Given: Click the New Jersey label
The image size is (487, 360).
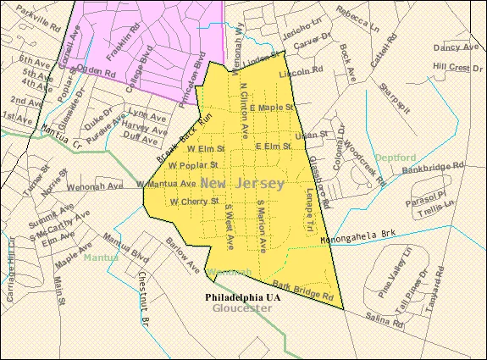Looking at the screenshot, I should point(242,183).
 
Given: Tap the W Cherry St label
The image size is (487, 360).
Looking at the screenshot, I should point(195,202).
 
